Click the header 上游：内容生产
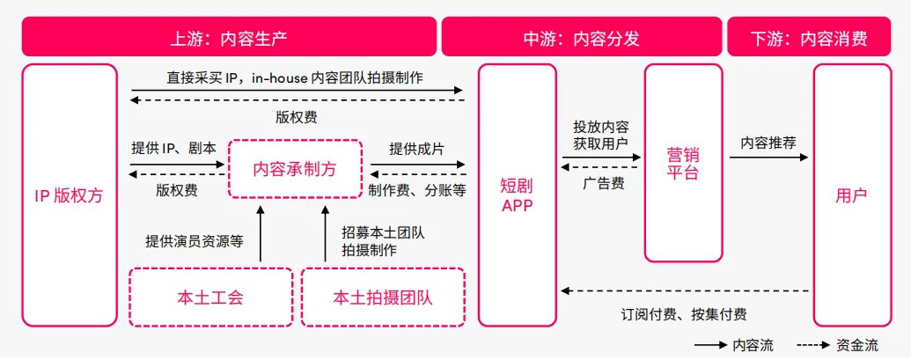click(228, 38)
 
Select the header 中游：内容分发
click(580, 38)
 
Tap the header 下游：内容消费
click(809, 38)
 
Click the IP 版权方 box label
click(69, 195)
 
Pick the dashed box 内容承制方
click(295, 168)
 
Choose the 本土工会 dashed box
click(210, 297)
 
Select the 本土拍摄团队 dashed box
click(383, 297)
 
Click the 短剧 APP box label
click(517, 195)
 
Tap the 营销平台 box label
click(682, 163)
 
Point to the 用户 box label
click(851, 195)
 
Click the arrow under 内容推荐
click(768, 158)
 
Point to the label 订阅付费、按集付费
click(684, 312)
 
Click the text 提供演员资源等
click(195, 239)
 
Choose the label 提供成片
click(416, 148)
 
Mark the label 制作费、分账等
click(417, 189)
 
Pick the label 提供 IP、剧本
click(173, 148)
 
